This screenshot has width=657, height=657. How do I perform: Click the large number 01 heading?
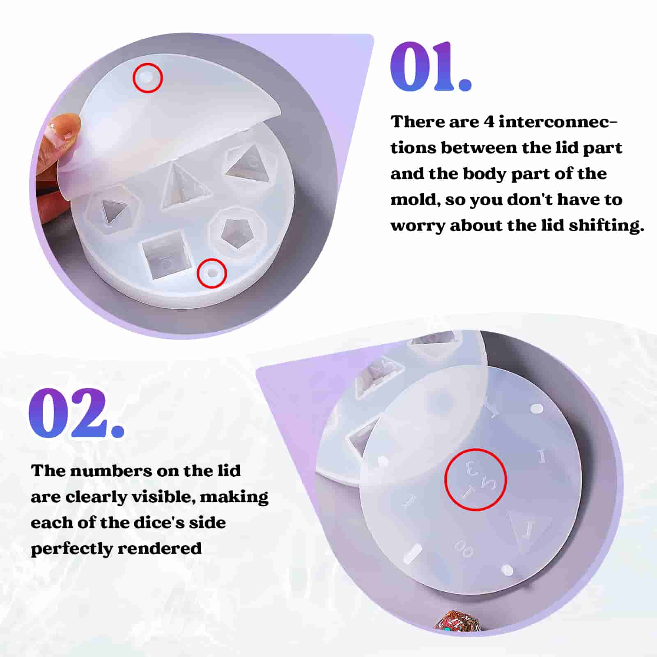431,67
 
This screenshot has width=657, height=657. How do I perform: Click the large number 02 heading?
76,413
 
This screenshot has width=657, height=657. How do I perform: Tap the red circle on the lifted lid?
148,78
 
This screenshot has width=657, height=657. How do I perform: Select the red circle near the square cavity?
212,273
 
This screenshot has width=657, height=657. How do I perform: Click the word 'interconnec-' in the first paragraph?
558,122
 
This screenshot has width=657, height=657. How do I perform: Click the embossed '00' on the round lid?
464,548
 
